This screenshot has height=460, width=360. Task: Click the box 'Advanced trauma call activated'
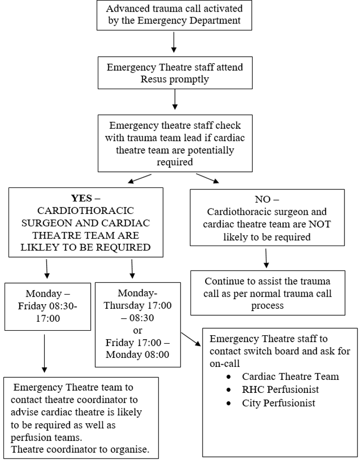pos(174,16)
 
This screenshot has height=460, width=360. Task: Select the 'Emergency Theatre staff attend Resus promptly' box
pos(174,74)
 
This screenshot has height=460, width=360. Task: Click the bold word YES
pos(82,198)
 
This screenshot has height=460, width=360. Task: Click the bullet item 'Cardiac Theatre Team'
pos(290,376)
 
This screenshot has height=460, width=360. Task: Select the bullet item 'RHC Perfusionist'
pos(280,389)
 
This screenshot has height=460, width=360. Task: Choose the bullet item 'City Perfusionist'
pos(279,403)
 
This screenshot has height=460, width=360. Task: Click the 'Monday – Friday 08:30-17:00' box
pos(48,306)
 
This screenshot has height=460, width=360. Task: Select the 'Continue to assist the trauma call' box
pos(268,293)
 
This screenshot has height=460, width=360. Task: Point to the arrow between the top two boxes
pos(174,42)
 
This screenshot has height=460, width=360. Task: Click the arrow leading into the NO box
pos(208,178)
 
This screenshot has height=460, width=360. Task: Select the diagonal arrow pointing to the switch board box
pos(191,339)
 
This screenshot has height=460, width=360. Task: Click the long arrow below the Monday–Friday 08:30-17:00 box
pos(45,353)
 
